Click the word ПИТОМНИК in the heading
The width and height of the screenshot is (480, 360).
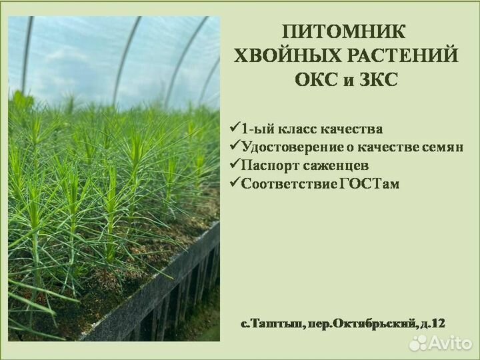click(x=343, y=31)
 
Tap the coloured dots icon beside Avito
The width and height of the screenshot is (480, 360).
click(x=417, y=343)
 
